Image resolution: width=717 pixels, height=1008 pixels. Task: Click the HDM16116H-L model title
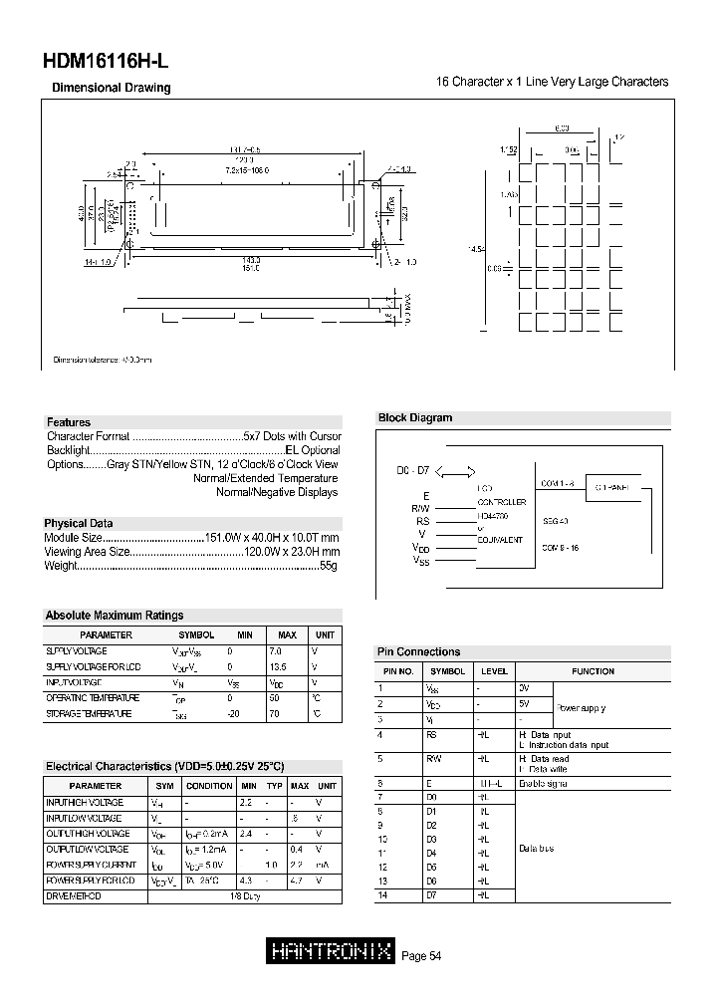pyautogui.click(x=108, y=61)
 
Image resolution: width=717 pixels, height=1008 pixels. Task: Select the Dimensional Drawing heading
pyautogui.click(x=111, y=88)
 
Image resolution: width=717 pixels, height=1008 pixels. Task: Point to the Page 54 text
pyautogui.click(x=421, y=956)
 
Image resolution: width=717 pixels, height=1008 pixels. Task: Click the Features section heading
pyautogui.click(x=68, y=422)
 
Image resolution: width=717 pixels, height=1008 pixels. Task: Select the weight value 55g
pyautogui.click(x=330, y=566)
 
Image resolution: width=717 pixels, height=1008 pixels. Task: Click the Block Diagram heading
pyautogui.click(x=415, y=418)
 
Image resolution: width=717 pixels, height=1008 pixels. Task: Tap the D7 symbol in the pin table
pyautogui.click(x=431, y=895)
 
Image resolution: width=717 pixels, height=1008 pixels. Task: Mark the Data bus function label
pyautogui.click(x=537, y=849)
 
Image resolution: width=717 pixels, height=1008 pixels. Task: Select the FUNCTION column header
pyautogui.click(x=593, y=671)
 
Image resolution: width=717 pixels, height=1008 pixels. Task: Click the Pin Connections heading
pyautogui.click(x=419, y=651)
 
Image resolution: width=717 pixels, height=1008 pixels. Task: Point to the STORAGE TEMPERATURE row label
pyautogui.click(x=88, y=714)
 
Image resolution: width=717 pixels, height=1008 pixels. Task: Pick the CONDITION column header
pyautogui.click(x=209, y=786)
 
